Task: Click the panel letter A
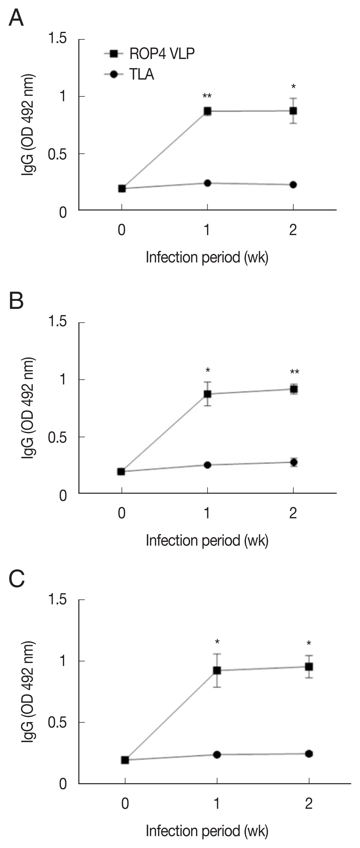[x=16, y=18]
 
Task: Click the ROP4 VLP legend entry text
[x=162, y=54]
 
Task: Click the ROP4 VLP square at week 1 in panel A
[x=207, y=111]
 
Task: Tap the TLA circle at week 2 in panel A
[x=293, y=185]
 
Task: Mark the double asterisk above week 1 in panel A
[x=207, y=96]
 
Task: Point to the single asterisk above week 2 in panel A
[x=293, y=87]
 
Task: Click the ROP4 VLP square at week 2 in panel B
[x=294, y=389]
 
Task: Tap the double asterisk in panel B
[x=294, y=372]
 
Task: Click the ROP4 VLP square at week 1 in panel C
[x=217, y=670]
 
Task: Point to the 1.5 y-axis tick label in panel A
[x=57, y=39]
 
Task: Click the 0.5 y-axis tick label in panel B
[x=57, y=437]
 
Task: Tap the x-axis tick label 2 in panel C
[x=309, y=804]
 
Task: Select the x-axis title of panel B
[x=207, y=540]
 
